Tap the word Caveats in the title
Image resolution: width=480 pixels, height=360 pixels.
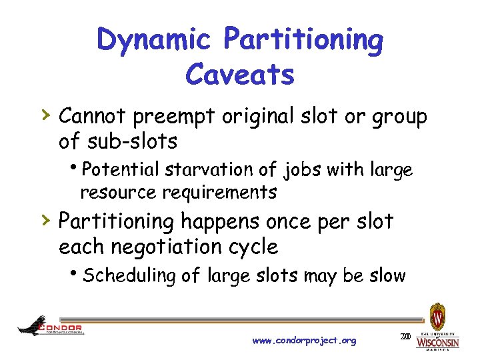(x=239, y=75)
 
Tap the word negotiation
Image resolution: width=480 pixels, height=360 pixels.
(x=174, y=247)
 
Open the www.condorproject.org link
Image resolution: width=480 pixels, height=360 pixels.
(x=305, y=341)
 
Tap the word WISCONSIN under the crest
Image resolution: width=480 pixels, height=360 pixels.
(x=437, y=342)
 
